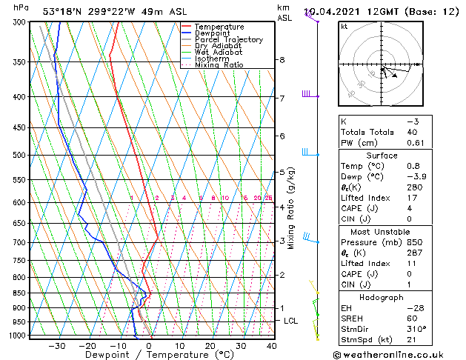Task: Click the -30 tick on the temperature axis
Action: point(56,345)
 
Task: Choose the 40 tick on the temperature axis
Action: point(272,345)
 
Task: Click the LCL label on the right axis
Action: point(291,321)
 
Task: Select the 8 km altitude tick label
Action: point(282,60)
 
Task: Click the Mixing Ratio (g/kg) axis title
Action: point(291,207)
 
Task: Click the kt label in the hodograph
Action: point(344,27)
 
